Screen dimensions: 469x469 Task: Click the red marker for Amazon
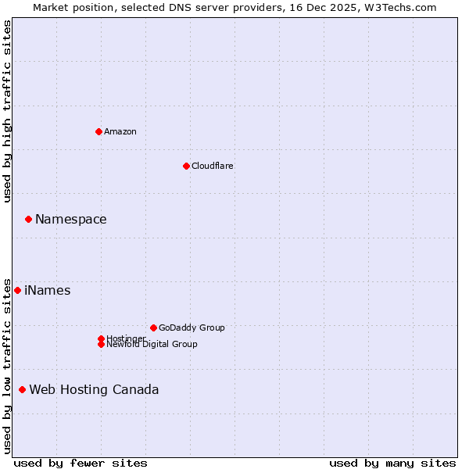98,131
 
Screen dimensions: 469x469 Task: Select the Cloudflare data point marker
186,166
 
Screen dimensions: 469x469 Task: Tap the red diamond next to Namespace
28,219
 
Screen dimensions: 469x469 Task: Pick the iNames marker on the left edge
17,290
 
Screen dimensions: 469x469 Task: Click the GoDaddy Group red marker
153,328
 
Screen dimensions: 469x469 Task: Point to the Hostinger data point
101,338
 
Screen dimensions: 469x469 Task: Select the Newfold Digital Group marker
101,344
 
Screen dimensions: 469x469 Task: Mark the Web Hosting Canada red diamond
22,389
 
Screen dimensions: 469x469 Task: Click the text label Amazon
120,131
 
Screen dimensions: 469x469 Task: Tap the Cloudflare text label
212,166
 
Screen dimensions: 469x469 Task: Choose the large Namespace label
70,219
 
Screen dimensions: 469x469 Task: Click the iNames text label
47,290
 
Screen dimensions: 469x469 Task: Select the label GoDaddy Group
192,328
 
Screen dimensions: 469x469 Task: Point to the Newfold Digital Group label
152,344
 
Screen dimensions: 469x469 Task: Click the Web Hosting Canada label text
94,389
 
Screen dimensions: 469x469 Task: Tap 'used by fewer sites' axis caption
81,463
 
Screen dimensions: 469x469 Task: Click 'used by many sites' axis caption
392,463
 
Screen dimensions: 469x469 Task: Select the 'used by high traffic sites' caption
7,112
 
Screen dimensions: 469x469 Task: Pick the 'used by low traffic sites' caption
7,366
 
